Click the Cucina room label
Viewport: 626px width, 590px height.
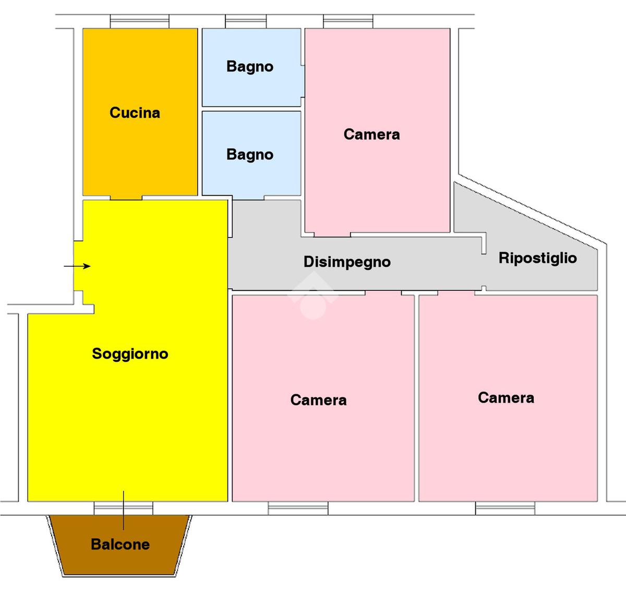pos(135,113)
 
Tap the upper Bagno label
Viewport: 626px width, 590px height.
pos(250,67)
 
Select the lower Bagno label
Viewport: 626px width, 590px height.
pos(250,155)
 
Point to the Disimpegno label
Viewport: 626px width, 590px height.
pos(347,262)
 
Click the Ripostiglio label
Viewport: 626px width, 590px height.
pos(537,258)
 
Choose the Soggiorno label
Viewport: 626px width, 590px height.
pos(130,354)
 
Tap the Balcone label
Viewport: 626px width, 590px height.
pos(120,545)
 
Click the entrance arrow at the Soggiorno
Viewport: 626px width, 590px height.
pos(77,266)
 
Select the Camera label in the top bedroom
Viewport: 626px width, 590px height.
pos(371,135)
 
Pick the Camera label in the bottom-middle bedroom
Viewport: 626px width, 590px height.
pos(318,400)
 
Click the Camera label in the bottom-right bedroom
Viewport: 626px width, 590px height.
pos(505,398)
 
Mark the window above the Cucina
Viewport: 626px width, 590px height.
pos(139,21)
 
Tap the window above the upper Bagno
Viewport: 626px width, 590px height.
pos(246,21)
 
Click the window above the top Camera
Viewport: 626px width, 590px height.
pos(348,21)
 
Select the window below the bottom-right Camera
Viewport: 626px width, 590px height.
pos(505,508)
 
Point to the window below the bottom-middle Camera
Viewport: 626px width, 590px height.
pos(298,508)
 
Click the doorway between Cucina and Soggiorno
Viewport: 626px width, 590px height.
pos(126,198)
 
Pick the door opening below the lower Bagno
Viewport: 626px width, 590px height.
pos(249,198)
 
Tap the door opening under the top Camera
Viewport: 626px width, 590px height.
pos(332,234)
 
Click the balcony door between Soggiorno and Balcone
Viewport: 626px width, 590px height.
pos(123,508)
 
